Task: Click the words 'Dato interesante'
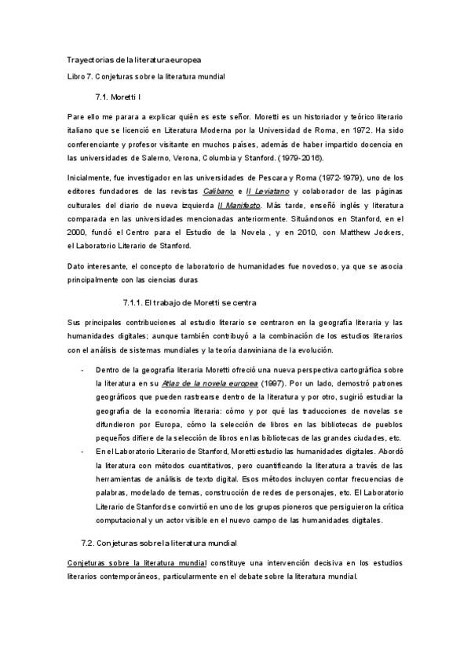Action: (95, 264)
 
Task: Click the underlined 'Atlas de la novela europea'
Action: (210, 383)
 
